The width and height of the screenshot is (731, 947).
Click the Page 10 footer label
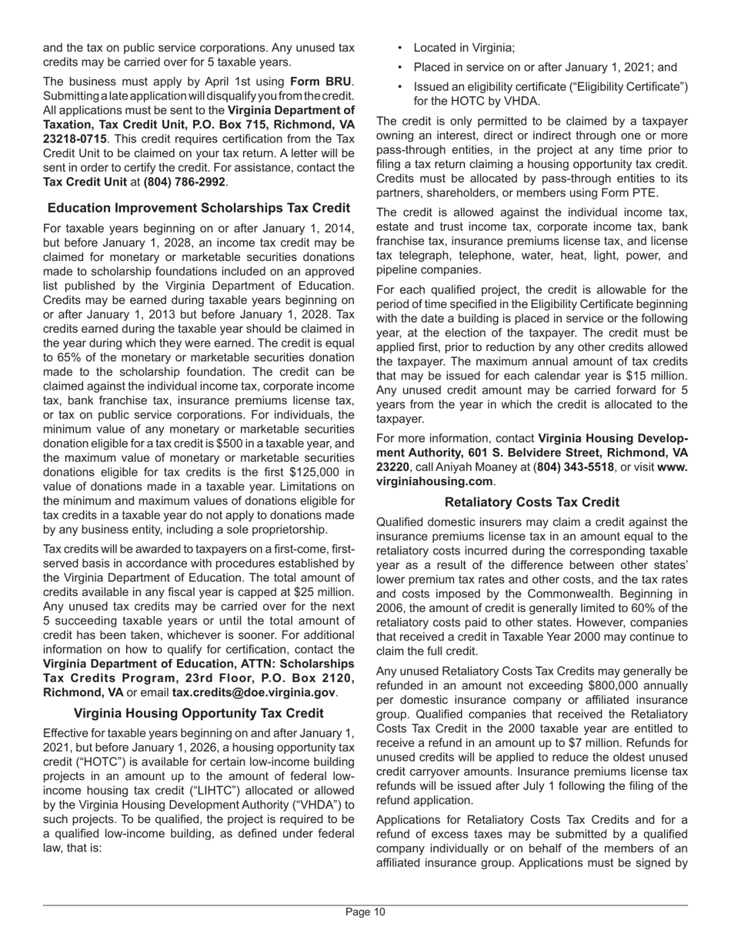(365, 912)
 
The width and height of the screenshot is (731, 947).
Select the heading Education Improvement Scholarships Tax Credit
(199, 208)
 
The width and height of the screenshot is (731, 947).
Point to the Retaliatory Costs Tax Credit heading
(532, 502)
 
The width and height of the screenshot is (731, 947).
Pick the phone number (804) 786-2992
(184, 182)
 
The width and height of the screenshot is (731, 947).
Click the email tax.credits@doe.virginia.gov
(253, 692)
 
